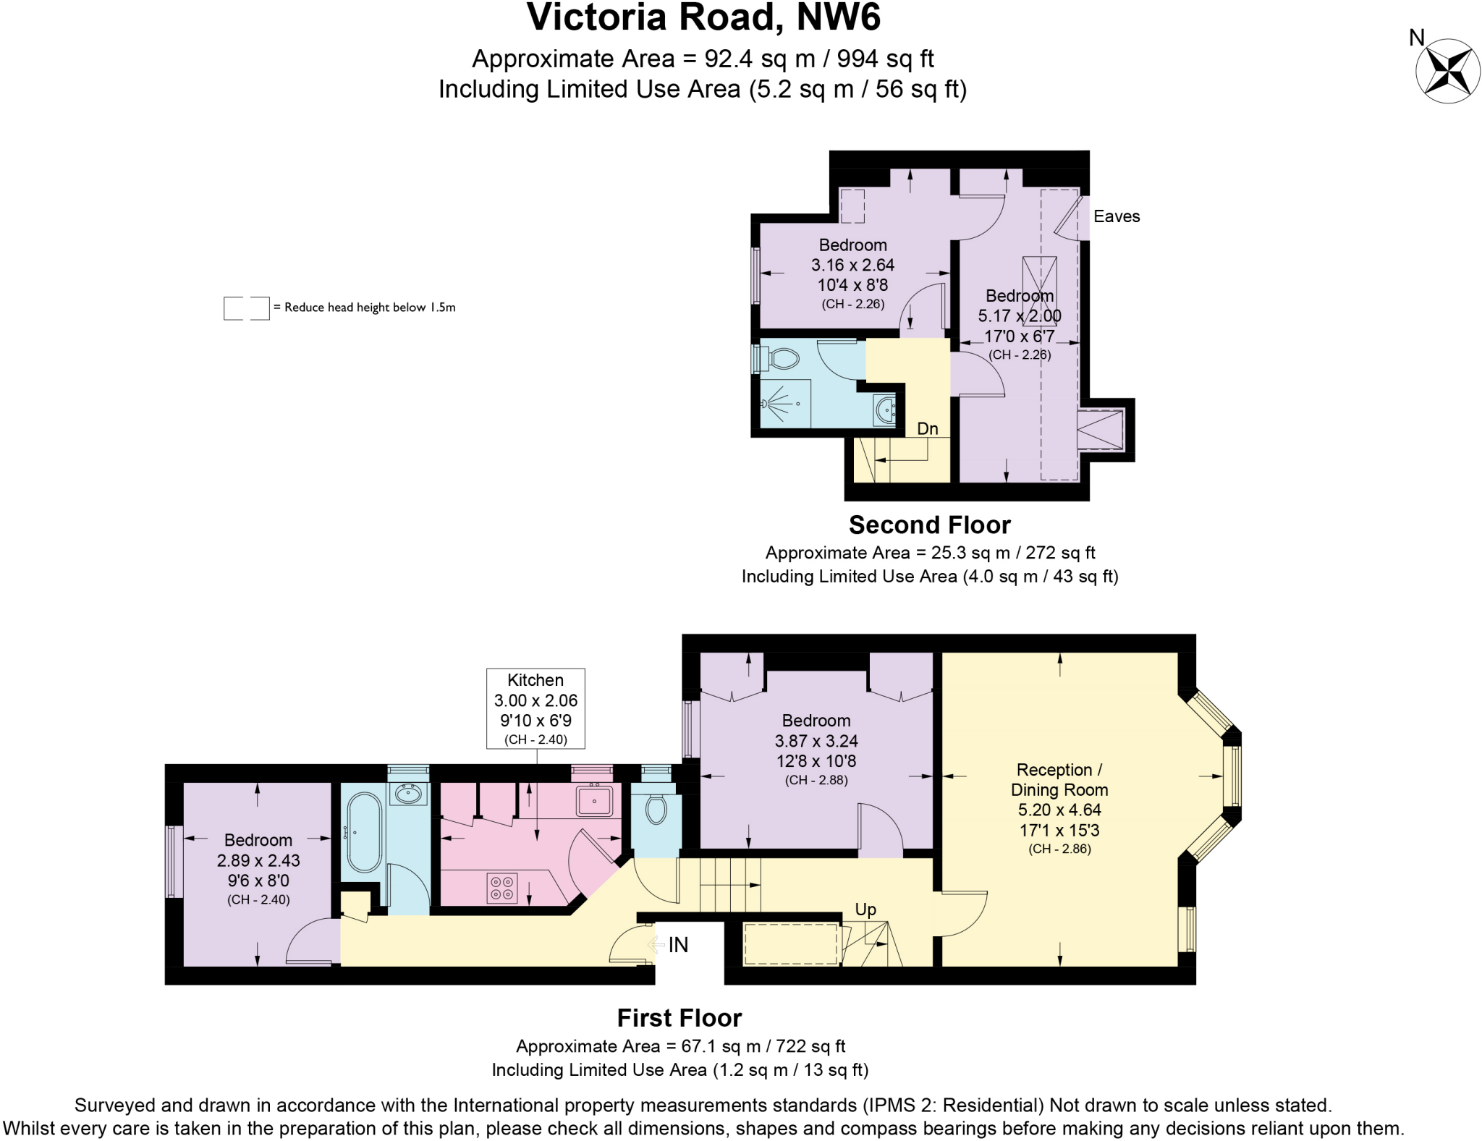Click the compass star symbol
tap(1447, 71)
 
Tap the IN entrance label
tap(678, 945)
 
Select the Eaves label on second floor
tap(1116, 216)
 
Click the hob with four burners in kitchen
tap(502, 888)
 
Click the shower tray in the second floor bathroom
tap(785, 403)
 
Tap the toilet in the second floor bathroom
tap(780, 358)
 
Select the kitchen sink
tap(594, 800)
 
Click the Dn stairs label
tap(927, 428)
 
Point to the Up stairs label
tap(865, 909)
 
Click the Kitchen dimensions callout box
tap(535, 708)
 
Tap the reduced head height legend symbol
tap(246, 308)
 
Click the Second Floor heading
tap(929, 525)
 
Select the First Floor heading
tap(679, 1018)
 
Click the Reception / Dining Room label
tap(1059, 779)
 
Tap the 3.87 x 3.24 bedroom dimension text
tap(816, 741)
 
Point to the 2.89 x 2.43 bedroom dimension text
tap(258, 860)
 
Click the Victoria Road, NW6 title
tap(703, 17)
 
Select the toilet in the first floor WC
tap(656, 809)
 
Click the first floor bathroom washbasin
tap(407, 794)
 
